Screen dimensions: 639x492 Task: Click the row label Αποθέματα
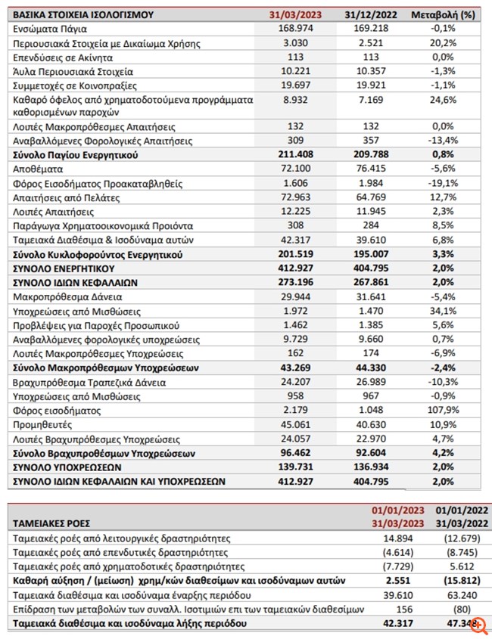coord(37,169)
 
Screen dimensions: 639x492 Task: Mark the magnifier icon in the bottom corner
coord(479,625)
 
